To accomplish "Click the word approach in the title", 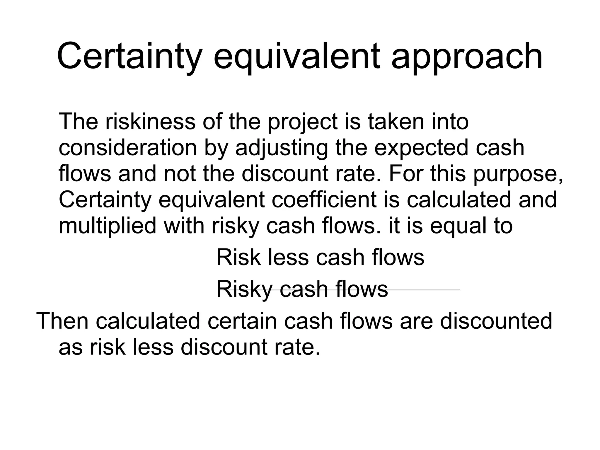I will point(467,57).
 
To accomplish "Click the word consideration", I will point(128,148).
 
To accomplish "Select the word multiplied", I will point(107,226).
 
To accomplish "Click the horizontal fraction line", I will point(425,290).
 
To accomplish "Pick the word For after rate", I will point(406,173).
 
